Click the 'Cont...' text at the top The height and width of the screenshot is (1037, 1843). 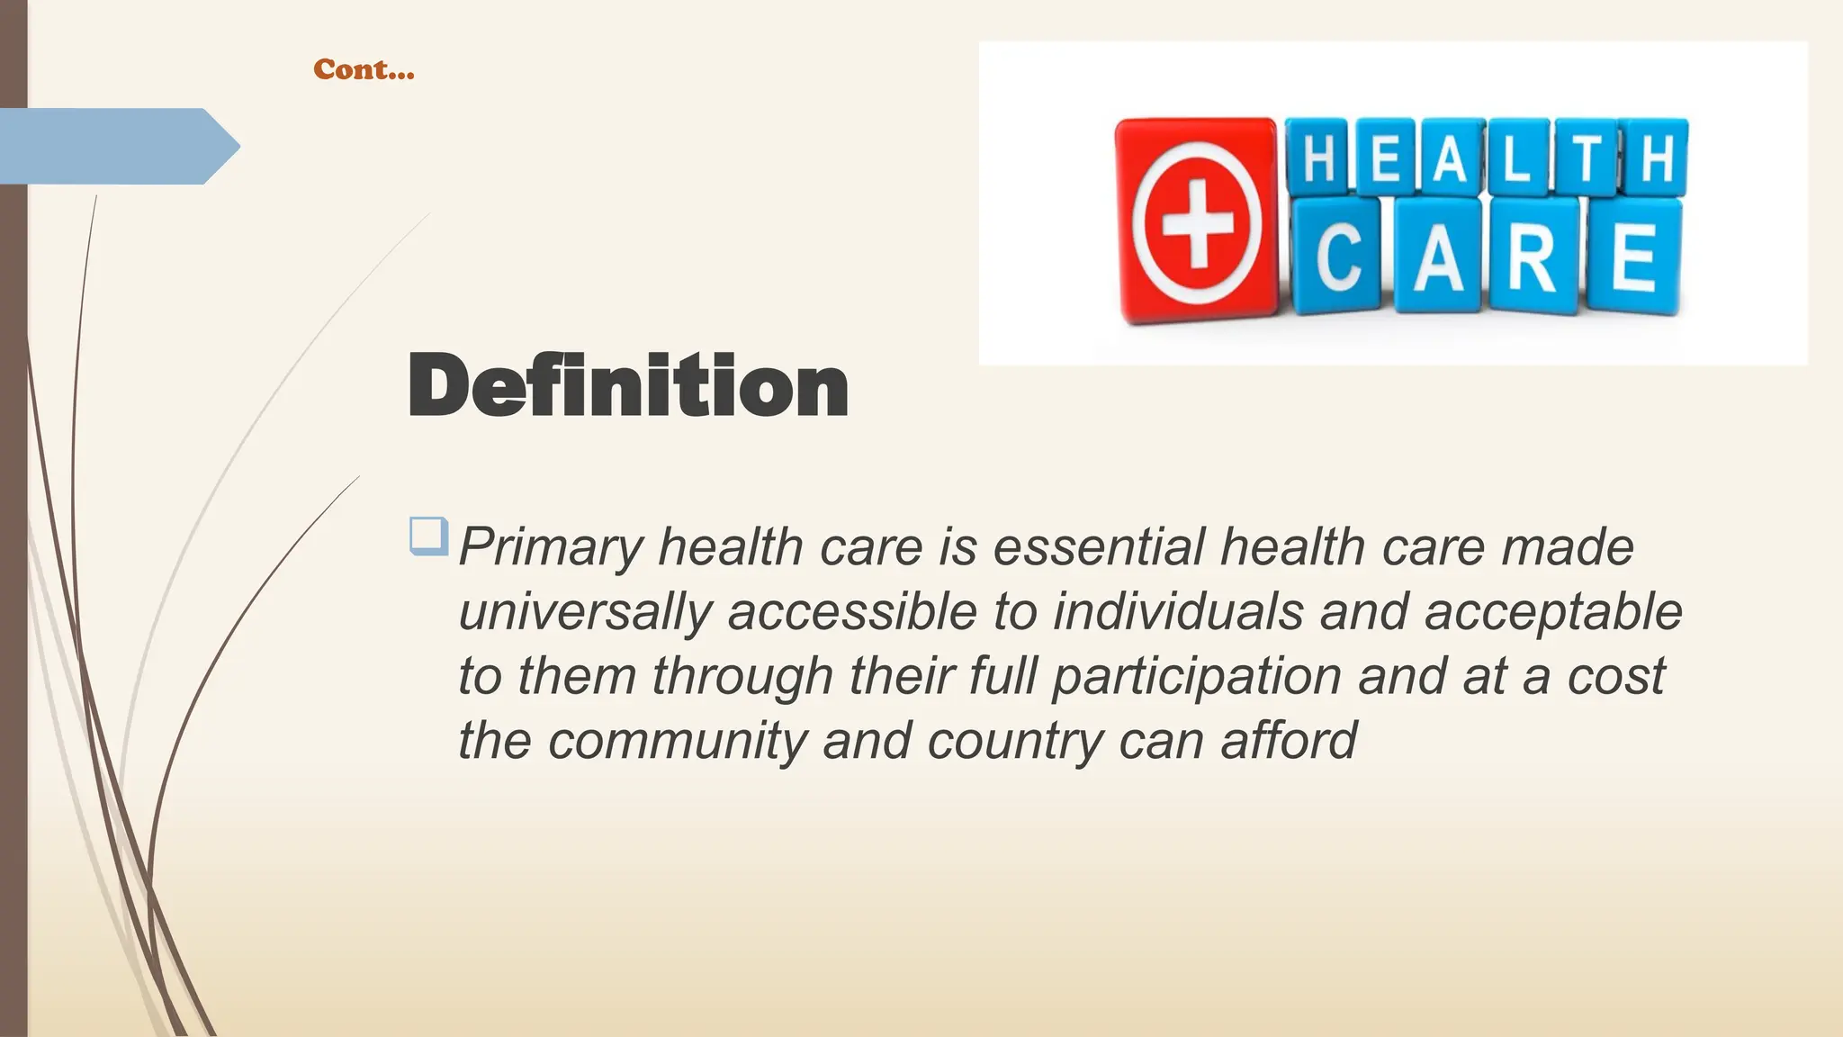pyautogui.click(x=364, y=69)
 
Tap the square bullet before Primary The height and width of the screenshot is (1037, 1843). pyautogui.click(x=428, y=537)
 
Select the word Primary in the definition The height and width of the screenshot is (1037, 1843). pyautogui.click(x=551, y=547)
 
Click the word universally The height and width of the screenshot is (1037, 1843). pyautogui.click(x=585, y=612)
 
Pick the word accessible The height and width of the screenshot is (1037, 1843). pyautogui.click(x=852, y=612)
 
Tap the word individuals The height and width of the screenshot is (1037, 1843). pyautogui.click(x=1178, y=612)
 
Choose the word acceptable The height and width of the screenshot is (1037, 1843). pyautogui.click(x=1553, y=612)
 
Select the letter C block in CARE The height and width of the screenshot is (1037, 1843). pyautogui.click(x=1338, y=257)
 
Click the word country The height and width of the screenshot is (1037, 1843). pyautogui.click(x=1015, y=741)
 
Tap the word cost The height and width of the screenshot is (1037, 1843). pyautogui.click(x=1615, y=677)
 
